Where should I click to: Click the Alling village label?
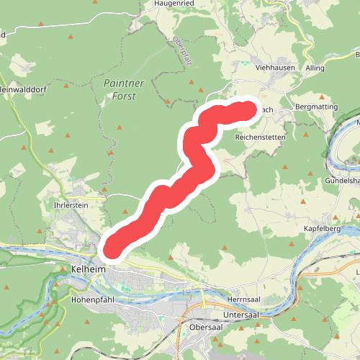click(x=315, y=68)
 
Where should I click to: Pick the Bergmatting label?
click(x=316, y=106)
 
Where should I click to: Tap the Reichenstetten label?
click(x=261, y=137)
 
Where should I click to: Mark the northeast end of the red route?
click(x=248, y=110)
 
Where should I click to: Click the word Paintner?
click(x=124, y=83)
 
